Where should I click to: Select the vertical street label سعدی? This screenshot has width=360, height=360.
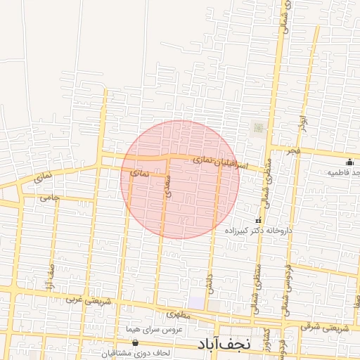point(167,186)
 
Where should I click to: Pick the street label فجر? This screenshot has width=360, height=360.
point(293,150)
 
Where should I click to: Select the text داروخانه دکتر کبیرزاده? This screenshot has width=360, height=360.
point(258,230)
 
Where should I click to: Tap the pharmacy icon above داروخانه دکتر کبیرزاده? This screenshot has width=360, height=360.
point(257,221)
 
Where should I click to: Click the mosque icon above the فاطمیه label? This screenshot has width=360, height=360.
point(349,162)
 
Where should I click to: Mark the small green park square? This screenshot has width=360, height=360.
point(257,127)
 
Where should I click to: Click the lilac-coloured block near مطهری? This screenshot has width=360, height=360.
point(197,302)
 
